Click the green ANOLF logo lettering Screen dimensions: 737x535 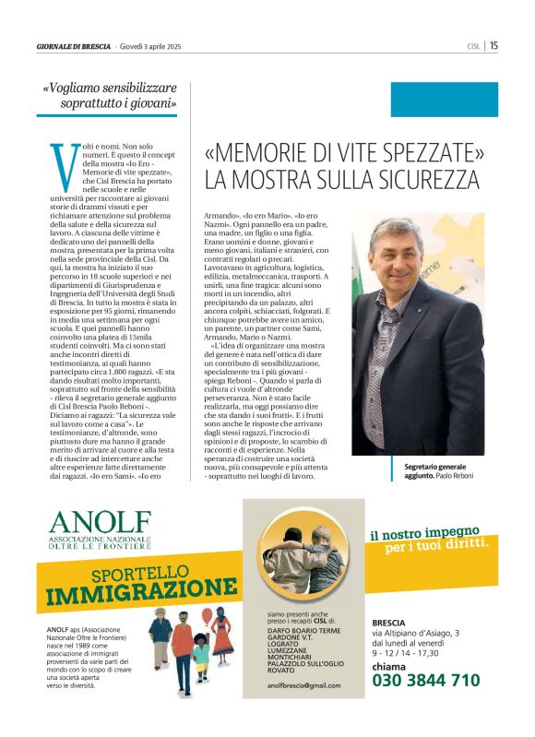[x=97, y=521]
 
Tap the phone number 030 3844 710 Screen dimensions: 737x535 [x=426, y=680]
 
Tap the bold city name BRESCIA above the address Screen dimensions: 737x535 [x=388, y=622]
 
